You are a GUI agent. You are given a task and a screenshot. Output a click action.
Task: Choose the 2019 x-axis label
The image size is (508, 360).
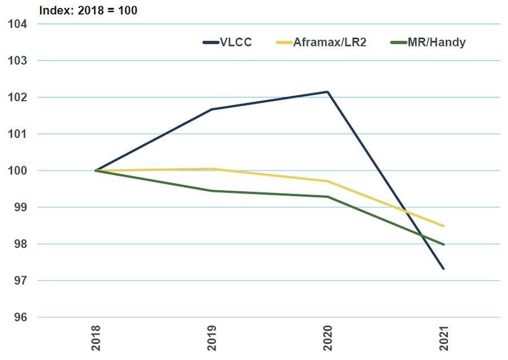pyautogui.click(x=212, y=337)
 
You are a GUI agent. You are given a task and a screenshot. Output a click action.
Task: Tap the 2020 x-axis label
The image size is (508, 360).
pyautogui.click(x=328, y=337)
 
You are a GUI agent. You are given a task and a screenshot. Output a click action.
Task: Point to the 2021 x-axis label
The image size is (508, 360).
pyautogui.click(x=444, y=337)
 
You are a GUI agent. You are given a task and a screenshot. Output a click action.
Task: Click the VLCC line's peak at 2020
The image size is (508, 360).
pyautogui.click(x=328, y=91)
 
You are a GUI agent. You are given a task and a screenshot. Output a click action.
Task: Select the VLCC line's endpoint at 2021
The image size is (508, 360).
pyautogui.click(x=444, y=269)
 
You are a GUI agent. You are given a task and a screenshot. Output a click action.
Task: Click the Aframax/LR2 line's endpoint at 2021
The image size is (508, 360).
pyautogui.click(x=444, y=226)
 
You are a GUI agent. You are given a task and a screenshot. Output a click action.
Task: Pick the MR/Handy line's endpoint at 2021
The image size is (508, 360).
pyautogui.click(x=444, y=244)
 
